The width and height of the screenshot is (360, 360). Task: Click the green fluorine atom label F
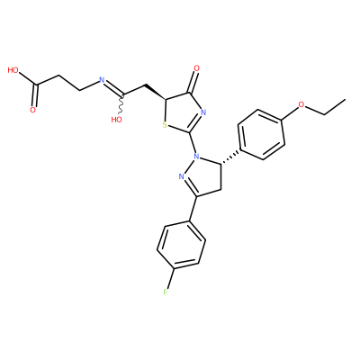(x=165, y=292)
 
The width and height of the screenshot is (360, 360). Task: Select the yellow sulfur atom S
(x=165, y=124)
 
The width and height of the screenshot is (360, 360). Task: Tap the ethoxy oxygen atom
(x=301, y=104)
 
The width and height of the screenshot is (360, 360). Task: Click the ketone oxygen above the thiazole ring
(x=196, y=68)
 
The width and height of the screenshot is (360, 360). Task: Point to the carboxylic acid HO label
(x=13, y=70)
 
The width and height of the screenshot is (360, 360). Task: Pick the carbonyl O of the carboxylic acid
(x=32, y=110)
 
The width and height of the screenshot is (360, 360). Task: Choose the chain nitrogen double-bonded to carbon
(x=102, y=80)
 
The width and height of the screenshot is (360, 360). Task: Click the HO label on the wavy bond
(x=116, y=120)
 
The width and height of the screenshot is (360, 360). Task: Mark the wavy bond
(x=121, y=104)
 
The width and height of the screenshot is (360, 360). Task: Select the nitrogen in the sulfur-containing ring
(x=203, y=113)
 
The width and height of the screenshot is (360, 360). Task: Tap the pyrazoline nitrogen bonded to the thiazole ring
(x=197, y=156)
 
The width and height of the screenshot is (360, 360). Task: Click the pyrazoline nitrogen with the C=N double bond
(x=181, y=176)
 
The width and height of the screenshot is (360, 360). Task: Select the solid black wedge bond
(x=155, y=92)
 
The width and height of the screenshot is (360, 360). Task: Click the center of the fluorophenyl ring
(x=181, y=246)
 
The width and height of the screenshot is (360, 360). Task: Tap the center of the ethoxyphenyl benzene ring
(x=261, y=134)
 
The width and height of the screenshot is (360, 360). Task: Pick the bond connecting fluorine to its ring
(x=171, y=278)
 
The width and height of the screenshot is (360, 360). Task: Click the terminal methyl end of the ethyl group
(x=346, y=99)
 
